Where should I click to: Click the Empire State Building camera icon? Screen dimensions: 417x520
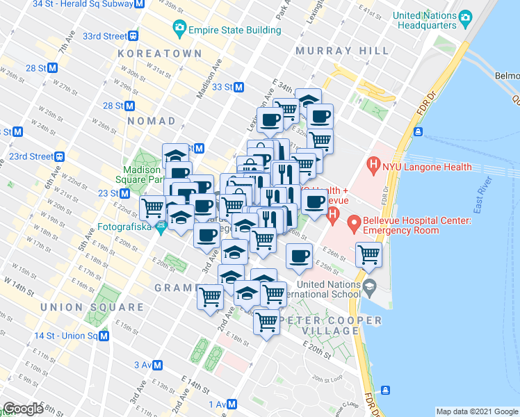179,29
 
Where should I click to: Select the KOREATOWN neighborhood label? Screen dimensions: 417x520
160,54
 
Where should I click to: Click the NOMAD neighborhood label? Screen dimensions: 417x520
152,121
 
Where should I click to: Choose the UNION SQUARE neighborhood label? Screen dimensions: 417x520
92,307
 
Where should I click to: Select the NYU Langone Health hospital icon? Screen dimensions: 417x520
374,166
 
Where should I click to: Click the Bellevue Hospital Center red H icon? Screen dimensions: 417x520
354,224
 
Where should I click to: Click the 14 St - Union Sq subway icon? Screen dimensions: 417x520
104,336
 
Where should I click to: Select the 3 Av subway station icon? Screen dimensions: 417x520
158,365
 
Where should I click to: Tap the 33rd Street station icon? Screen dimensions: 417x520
132,36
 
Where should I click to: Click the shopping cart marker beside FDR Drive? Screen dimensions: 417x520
368,254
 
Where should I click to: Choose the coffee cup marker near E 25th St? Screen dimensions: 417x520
299,256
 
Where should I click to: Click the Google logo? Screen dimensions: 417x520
23,409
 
